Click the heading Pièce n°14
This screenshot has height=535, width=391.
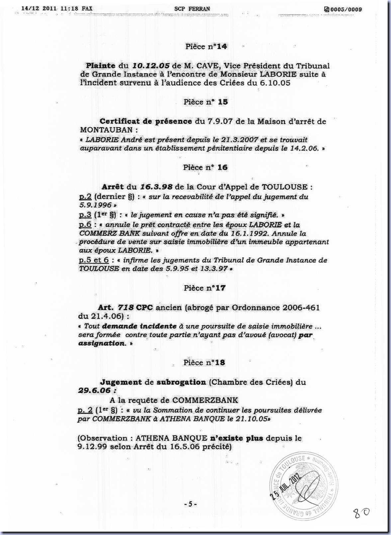click(x=206, y=47)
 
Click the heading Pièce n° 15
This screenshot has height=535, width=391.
click(x=206, y=102)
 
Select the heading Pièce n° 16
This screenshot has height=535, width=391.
click(x=205, y=167)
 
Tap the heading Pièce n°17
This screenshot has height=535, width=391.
click(x=205, y=288)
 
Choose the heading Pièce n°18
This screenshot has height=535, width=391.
click(x=204, y=363)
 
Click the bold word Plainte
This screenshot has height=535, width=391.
click(x=101, y=66)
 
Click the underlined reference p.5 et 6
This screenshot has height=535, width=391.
click(x=94, y=260)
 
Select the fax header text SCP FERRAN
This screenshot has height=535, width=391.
click(x=192, y=9)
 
